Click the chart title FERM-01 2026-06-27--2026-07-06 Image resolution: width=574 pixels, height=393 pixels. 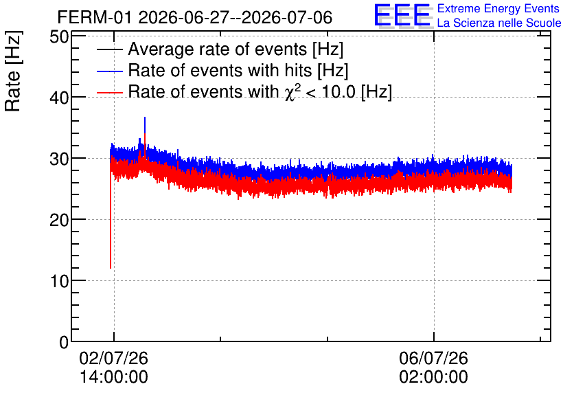pos(195,17)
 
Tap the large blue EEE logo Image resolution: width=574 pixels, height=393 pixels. pos(402,15)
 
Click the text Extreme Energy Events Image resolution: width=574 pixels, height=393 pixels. pos(498,9)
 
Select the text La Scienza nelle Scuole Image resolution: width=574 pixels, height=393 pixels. pos(499,23)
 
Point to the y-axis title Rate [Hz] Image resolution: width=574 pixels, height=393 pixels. pos(13,71)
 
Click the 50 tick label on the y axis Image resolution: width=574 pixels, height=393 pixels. pos(59,37)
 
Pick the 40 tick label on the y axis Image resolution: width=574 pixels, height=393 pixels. pos(59,98)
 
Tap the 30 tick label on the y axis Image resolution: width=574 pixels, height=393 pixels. pos(59,159)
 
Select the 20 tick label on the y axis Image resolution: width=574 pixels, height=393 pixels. pos(59,220)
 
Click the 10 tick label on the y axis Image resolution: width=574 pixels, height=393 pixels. pos(59,281)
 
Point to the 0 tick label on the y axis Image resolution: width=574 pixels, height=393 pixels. pos(64,342)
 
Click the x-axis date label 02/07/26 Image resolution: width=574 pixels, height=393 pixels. pos(114,358)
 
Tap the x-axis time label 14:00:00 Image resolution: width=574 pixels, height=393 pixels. pos(114,377)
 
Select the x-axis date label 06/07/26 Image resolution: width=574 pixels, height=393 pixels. pos(433,358)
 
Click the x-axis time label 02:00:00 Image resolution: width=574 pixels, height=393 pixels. pos(433,377)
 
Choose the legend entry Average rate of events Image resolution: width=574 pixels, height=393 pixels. pos(220,49)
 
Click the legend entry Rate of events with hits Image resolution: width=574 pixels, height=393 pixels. pos(222,71)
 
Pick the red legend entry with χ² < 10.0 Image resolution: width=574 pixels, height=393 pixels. pos(244,91)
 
